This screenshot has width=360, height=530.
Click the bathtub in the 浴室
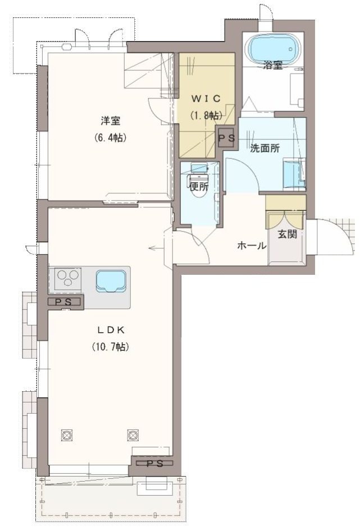274,48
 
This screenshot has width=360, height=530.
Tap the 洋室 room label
111,121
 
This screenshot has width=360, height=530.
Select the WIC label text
206,99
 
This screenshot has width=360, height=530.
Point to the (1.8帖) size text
206,116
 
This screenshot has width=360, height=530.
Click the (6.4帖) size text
111,138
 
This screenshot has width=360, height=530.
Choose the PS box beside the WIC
227,138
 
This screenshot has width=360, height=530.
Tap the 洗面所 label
265,148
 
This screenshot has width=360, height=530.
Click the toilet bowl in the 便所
199,184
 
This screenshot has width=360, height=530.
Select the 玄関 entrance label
288,234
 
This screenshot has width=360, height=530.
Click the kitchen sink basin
111,280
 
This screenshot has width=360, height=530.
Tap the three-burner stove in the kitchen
68,279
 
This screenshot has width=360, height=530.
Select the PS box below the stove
66,302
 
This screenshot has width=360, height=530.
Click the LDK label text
111,330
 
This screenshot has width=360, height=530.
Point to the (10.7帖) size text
111,347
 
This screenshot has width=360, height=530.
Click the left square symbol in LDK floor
67,434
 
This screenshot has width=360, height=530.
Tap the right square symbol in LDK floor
133,434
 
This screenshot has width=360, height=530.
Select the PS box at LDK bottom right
155,464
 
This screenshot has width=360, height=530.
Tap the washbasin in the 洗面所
293,174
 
